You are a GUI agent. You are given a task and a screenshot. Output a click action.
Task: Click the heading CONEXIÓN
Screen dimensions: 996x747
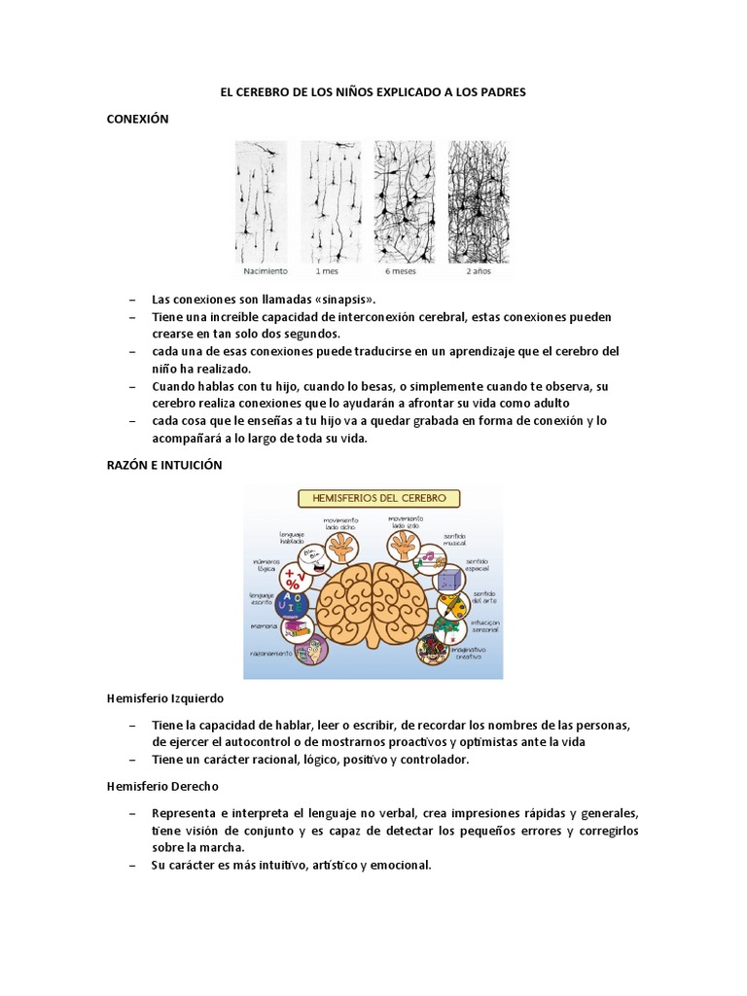pos(137,119)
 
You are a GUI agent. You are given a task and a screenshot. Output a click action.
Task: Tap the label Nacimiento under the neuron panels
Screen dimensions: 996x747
pos(260,273)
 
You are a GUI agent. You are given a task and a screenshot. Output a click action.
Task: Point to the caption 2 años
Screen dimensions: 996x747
pos(479,273)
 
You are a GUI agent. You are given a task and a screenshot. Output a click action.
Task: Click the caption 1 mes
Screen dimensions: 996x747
pos(330,273)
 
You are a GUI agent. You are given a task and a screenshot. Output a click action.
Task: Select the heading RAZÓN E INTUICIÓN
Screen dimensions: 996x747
pos(164,465)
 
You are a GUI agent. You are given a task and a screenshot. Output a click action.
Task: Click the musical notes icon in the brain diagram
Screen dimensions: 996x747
pos(428,557)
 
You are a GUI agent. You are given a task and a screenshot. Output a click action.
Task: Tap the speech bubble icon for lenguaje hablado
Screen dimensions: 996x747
pos(310,555)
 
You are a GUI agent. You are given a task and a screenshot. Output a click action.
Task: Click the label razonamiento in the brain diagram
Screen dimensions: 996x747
pos(271,654)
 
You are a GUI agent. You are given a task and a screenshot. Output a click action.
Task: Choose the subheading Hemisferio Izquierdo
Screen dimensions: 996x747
pos(165,698)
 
